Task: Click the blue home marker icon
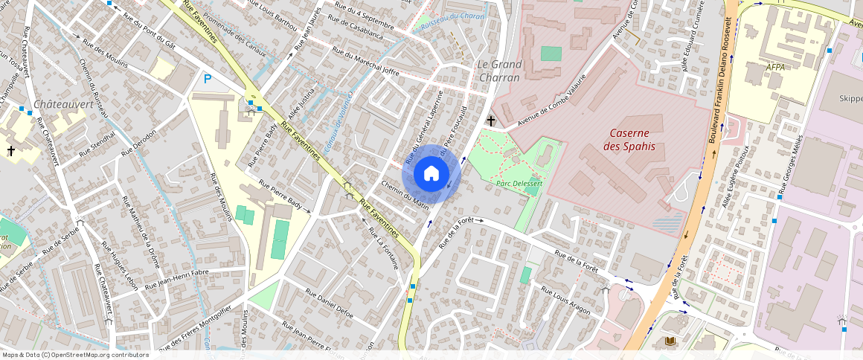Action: (x=431, y=174)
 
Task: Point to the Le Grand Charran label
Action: (x=499, y=70)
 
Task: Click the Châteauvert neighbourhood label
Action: (x=64, y=104)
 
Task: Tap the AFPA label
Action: (x=775, y=66)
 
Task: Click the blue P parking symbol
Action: (x=208, y=78)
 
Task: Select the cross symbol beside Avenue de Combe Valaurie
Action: (x=490, y=120)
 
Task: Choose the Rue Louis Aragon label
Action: (x=566, y=300)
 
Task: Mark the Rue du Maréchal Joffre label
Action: (x=365, y=62)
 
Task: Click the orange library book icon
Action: (x=670, y=341)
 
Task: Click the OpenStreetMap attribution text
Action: (x=74, y=355)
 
